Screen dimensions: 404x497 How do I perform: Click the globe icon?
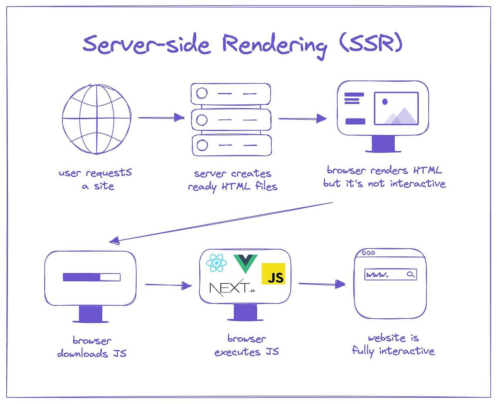click(x=97, y=119)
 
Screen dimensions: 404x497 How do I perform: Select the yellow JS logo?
click(x=273, y=274)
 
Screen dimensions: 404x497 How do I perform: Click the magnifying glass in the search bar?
click(x=410, y=274)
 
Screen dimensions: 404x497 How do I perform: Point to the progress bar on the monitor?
click(x=92, y=277)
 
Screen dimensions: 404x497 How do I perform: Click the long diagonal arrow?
click(x=222, y=222)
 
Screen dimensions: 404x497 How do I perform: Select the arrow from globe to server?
click(x=161, y=118)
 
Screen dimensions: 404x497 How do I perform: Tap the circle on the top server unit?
click(x=202, y=94)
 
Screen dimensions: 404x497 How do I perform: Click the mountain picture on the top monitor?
click(x=396, y=109)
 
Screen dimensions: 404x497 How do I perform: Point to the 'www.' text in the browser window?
click(x=377, y=275)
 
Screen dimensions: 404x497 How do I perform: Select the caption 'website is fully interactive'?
click(x=393, y=345)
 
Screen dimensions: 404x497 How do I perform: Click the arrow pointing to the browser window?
click(x=322, y=284)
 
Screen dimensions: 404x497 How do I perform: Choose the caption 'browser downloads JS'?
click(x=92, y=347)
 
